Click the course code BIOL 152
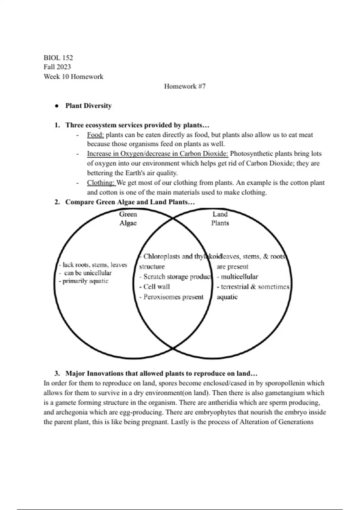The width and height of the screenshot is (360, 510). pos(58,58)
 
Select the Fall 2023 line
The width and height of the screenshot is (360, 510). pos(57,67)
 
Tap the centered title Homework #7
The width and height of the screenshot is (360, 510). pos(184,86)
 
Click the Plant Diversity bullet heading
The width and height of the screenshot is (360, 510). pos(88,106)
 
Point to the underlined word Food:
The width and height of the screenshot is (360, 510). pos(95,135)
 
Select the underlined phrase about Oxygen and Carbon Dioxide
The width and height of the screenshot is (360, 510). pos(157,154)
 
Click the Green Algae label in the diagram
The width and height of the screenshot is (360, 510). pos(128,218)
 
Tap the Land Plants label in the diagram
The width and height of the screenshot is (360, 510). pos(220,218)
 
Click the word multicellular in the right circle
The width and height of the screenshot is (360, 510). pos(239,277)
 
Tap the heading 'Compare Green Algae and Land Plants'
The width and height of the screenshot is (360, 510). pos(130,202)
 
